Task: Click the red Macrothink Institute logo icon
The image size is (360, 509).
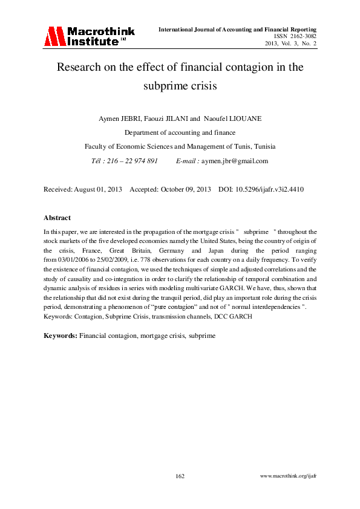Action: [x=53, y=36]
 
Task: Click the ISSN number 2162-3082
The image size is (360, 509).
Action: [x=301, y=36]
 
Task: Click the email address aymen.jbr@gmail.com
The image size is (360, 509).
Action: [x=234, y=161]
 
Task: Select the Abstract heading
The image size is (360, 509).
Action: [x=57, y=218]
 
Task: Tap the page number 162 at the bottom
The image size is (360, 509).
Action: [x=180, y=476]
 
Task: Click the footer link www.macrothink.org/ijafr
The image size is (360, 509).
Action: [x=287, y=476]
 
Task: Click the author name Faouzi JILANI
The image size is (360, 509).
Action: [x=168, y=120]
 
